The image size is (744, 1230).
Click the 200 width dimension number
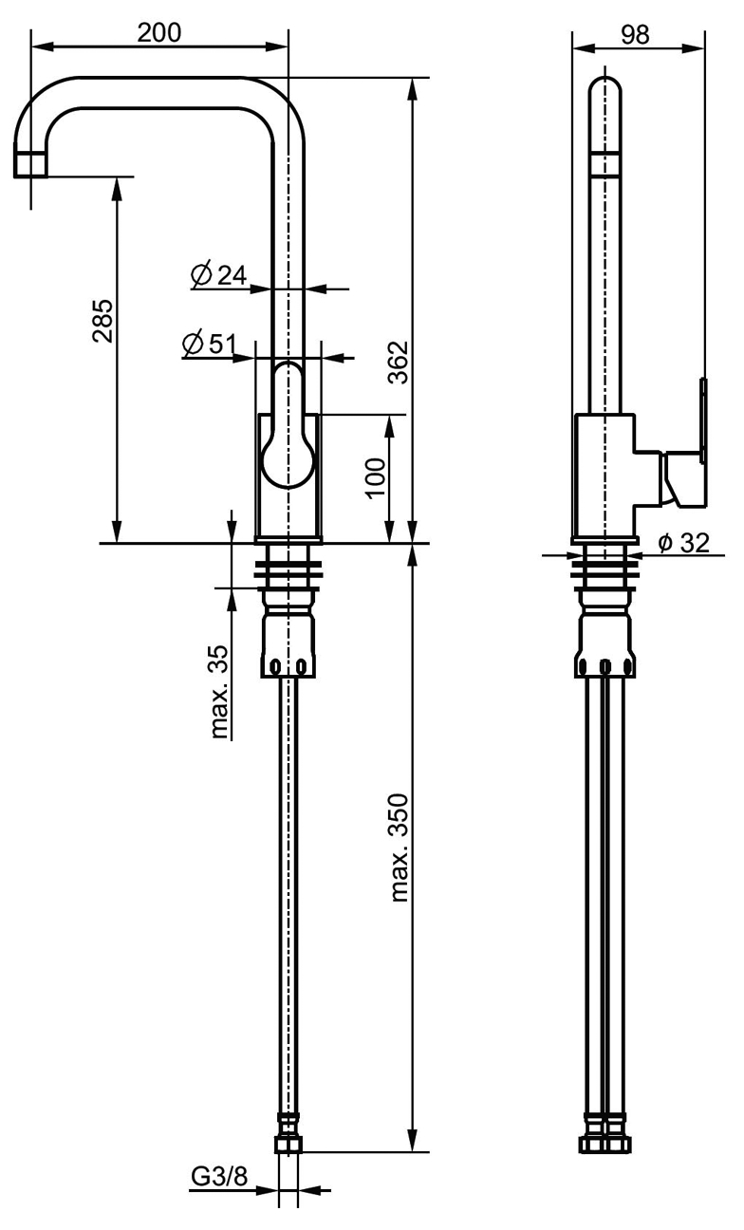[x=158, y=31]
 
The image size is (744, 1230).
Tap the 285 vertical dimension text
[x=102, y=321]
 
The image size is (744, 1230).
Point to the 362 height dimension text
[x=399, y=361]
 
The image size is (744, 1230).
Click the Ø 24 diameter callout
[x=218, y=275]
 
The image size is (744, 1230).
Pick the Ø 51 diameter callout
[x=208, y=345]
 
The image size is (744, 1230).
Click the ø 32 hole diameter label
[x=682, y=542]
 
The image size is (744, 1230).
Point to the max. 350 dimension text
[x=399, y=847]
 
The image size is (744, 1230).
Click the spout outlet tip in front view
[x=31, y=162]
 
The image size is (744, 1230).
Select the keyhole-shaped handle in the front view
[x=288, y=427]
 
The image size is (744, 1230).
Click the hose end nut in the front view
[x=288, y=1144]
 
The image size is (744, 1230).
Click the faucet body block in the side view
[x=604, y=475]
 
